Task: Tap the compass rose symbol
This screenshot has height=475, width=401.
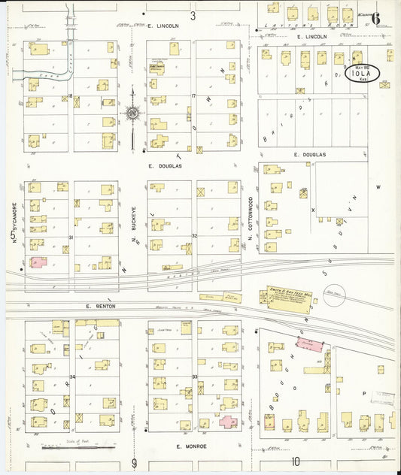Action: pyautogui.click(x=132, y=114)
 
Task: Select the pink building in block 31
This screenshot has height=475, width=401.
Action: pyautogui.click(x=38, y=264)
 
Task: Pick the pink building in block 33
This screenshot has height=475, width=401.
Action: pyautogui.click(x=228, y=422)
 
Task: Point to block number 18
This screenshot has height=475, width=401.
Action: pyautogui.click(x=71, y=96)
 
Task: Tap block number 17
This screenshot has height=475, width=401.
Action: pyautogui.click(x=193, y=96)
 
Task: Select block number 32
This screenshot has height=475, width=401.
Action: pyautogui.click(x=193, y=235)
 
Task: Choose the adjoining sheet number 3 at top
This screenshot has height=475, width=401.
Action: pyautogui.click(x=193, y=15)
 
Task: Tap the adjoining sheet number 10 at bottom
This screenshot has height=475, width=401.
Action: pyautogui.click(x=296, y=461)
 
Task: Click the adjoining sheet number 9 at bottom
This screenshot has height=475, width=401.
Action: pyautogui.click(x=134, y=461)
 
